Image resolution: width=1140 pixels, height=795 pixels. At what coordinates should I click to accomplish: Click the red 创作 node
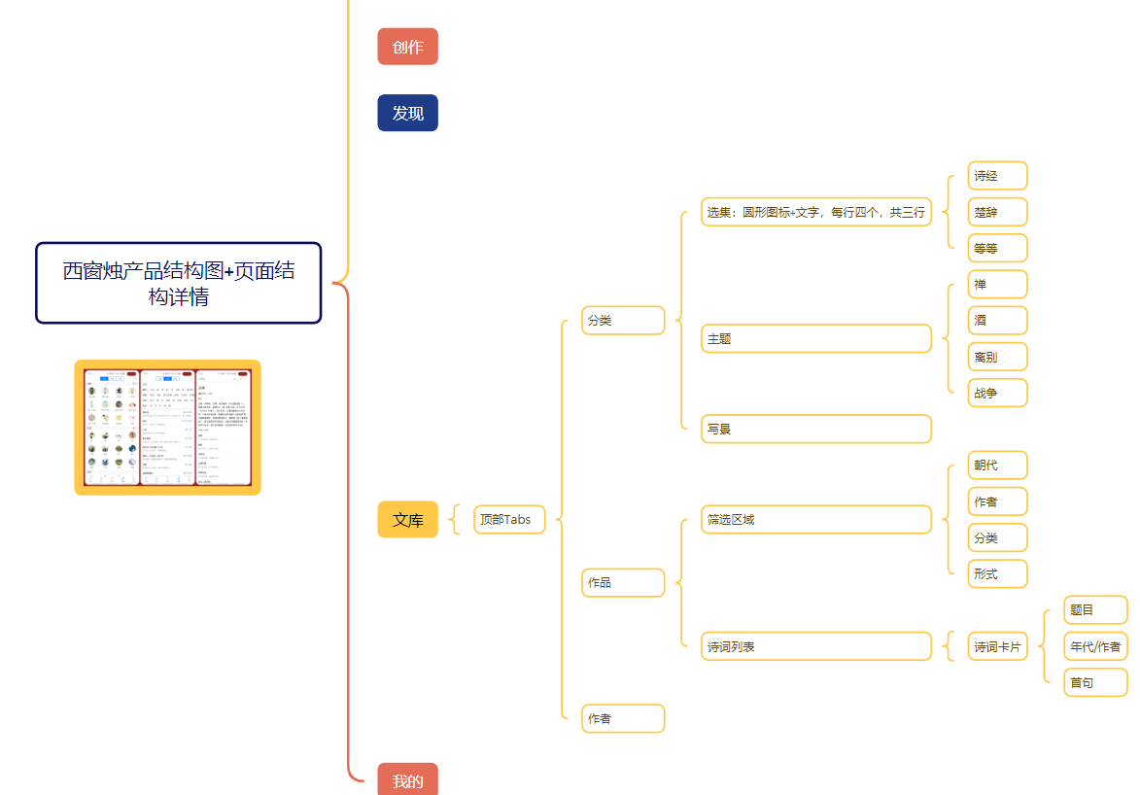(x=407, y=47)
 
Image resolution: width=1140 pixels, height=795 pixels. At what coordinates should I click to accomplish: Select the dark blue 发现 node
(x=407, y=113)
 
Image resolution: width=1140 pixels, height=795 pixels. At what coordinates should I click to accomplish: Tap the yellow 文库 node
(x=407, y=520)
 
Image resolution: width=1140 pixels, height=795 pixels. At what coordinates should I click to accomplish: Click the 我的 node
(x=407, y=779)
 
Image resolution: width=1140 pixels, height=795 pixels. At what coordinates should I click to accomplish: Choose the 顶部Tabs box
(x=509, y=520)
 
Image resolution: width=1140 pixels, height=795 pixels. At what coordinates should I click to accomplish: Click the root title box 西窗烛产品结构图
(x=179, y=283)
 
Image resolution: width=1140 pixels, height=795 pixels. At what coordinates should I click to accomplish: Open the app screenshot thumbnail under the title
(x=167, y=428)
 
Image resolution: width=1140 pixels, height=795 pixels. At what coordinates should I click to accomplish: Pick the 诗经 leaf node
(x=997, y=176)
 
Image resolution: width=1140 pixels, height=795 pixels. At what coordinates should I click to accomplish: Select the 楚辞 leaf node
(x=997, y=212)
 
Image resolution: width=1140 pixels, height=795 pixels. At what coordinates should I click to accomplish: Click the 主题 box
(x=816, y=339)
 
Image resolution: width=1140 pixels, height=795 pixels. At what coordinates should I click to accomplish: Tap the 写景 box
(x=816, y=429)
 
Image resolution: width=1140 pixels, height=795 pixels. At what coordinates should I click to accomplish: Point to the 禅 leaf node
(x=997, y=285)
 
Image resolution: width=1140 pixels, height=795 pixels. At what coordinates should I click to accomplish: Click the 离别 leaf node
(x=997, y=357)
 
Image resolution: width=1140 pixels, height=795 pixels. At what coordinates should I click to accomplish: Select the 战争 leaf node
(x=997, y=393)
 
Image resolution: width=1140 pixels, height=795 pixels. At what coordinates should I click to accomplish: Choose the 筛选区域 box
(x=816, y=520)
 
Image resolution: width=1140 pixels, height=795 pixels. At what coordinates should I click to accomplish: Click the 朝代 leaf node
(x=997, y=466)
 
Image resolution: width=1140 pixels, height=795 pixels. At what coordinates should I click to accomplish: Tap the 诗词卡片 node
(x=997, y=646)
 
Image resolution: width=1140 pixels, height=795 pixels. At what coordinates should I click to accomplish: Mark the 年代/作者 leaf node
(x=1095, y=646)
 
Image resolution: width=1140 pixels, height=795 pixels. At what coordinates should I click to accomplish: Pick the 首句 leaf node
(x=1095, y=682)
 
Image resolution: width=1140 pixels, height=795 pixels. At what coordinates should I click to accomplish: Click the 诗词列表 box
(x=816, y=646)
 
